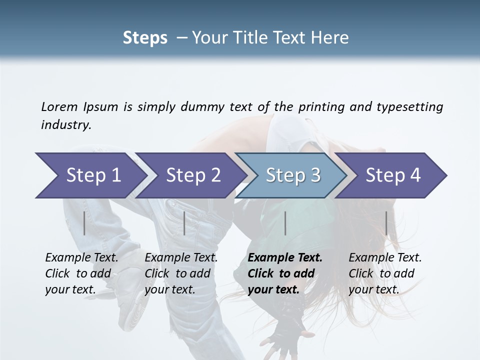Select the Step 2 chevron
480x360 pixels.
(193, 175)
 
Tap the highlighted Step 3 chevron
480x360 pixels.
(293, 175)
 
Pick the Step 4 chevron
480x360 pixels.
(393, 175)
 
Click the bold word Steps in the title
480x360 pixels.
(145, 38)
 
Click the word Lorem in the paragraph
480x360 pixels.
(59, 106)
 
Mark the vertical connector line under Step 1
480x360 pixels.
(84, 223)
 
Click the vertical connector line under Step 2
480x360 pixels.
(184, 223)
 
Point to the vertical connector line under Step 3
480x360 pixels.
(285, 223)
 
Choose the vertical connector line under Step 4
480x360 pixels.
(386, 223)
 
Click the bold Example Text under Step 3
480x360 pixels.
(285, 257)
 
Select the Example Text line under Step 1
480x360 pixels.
(81, 257)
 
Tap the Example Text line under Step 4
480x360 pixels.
(385, 257)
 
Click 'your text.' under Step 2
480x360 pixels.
(169, 289)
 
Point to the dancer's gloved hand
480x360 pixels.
(287, 335)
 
